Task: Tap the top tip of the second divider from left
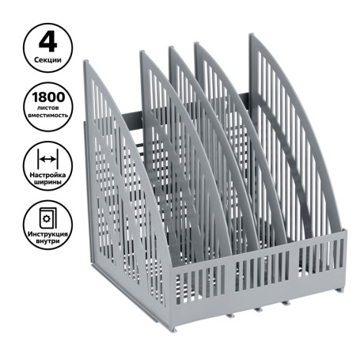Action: [x=142, y=54]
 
